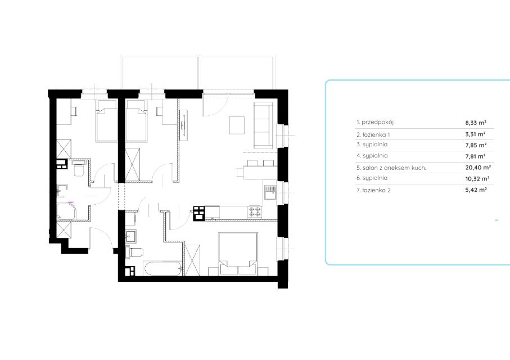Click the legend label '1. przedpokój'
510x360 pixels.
click(x=375, y=123)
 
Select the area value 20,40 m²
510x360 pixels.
click(x=478, y=168)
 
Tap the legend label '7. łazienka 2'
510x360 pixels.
click(x=373, y=190)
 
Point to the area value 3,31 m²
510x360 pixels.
click(x=476, y=134)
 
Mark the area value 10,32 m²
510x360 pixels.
click(x=477, y=179)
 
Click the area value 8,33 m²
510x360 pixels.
click(x=476, y=123)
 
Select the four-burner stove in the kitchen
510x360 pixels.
click(x=255, y=211)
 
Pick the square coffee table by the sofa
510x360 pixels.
click(x=237, y=125)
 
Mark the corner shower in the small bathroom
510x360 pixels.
click(x=66, y=211)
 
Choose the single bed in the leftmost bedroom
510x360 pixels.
click(x=106, y=121)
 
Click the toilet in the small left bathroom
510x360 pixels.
click(x=79, y=168)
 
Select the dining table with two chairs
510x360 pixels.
click(x=256, y=169)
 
